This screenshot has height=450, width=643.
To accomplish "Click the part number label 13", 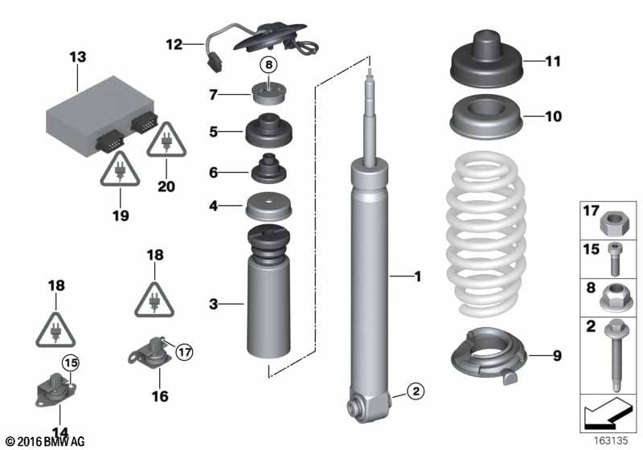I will pos(77,57).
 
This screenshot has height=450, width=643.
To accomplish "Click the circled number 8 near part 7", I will pos(268,66).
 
